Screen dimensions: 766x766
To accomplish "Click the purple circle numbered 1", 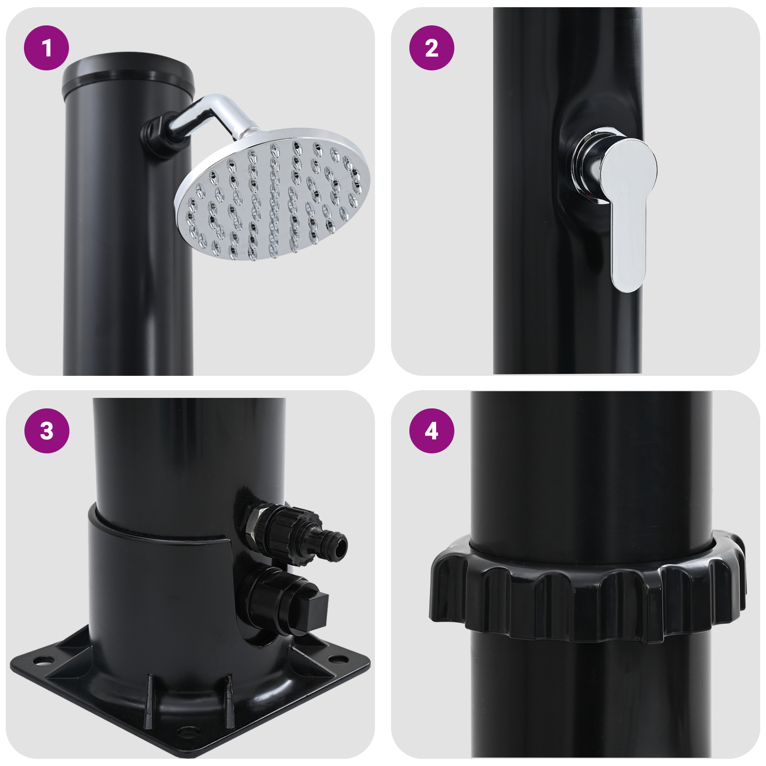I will pos(46,48).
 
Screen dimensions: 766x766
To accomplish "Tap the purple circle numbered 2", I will pos(431,48).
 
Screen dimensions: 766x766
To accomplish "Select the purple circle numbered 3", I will pos(46,430).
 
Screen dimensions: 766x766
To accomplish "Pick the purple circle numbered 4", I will pos(431,430).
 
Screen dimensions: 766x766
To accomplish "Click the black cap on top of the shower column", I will pos(128,72).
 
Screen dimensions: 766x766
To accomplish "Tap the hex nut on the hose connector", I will pos(252,527).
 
